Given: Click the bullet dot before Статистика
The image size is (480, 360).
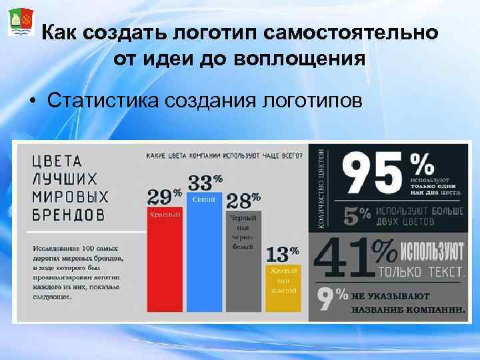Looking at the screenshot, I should [31, 102].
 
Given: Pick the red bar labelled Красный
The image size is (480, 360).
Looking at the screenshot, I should [164, 260].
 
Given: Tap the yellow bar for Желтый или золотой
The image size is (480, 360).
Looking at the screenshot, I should [282, 287].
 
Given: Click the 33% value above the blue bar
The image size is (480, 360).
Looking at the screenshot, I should [205, 181].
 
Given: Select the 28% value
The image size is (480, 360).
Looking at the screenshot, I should [243, 201].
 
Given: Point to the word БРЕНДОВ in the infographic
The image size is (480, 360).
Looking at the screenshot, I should [69, 215].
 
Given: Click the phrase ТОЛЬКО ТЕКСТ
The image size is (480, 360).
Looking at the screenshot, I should [421, 272].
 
